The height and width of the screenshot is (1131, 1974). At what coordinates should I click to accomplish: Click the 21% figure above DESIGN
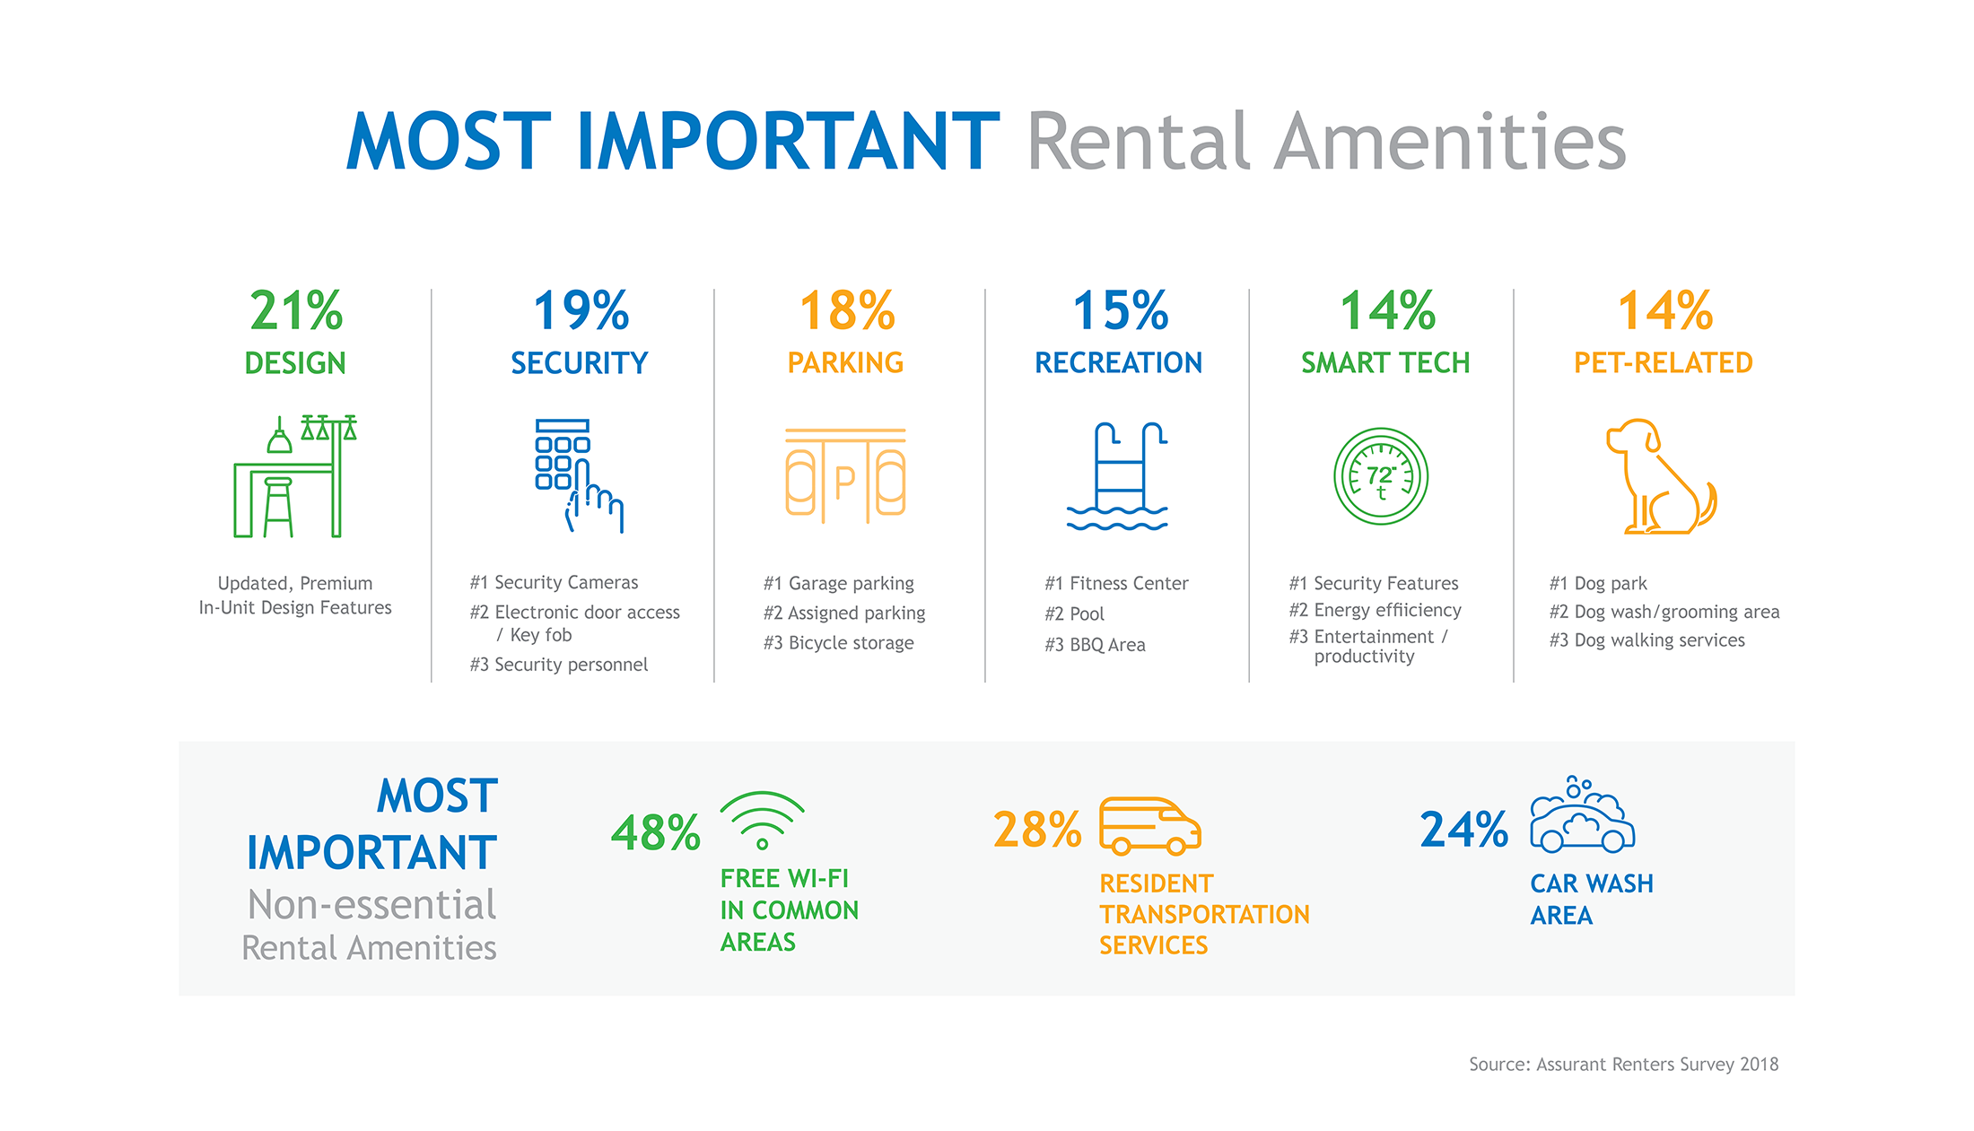(x=296, y=311)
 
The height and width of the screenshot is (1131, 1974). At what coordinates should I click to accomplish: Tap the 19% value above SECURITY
(x=581, y=311)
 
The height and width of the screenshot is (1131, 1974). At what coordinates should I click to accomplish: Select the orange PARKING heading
(x=845, y=363)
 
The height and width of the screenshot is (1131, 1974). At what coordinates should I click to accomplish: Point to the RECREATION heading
(x=1118, y=363)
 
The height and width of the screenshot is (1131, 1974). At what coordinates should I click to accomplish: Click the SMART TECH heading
(x=1385, y=363)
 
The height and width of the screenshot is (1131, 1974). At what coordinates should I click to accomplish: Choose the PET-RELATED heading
(x=1663, y=363)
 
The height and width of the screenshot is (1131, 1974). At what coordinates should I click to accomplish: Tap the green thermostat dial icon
(x=1381, y=476)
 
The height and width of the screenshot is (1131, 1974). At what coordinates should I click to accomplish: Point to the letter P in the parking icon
(x=844, y=483)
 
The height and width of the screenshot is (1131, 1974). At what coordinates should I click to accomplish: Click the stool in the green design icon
(x=278, y=507)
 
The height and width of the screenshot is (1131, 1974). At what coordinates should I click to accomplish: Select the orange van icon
(x=1149, y=825)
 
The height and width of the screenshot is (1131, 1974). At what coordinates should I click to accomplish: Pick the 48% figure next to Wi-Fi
(x=656, y=833)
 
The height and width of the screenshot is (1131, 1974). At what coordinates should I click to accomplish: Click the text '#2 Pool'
(x=1074, y=614)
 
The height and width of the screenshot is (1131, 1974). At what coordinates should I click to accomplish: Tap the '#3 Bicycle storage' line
(x=838, y=643)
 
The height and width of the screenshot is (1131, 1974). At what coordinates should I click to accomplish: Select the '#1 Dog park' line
(x=1598, y=584)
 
